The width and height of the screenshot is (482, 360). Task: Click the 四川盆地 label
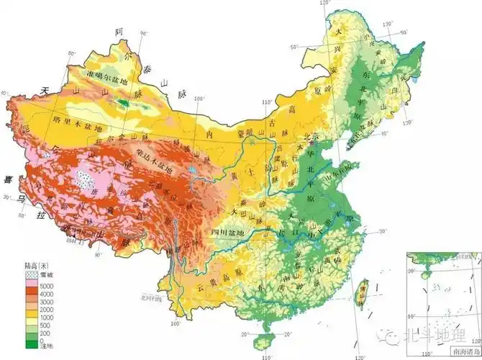229,233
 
